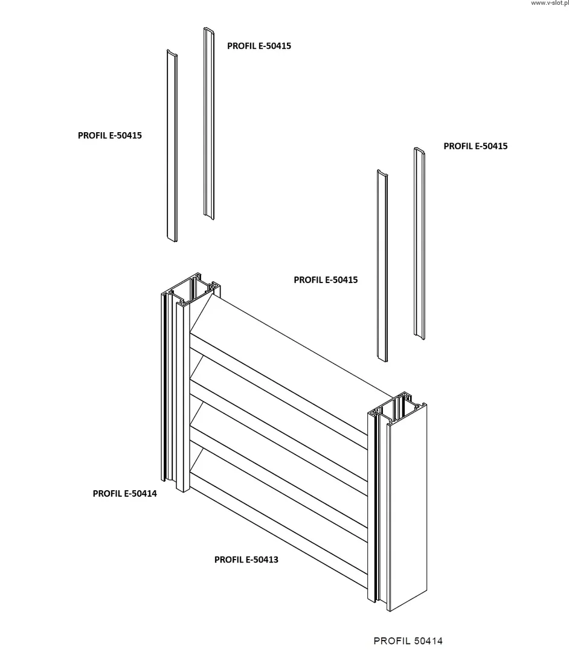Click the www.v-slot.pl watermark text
(x=549, y=4)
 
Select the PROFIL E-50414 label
(x=124, y=493)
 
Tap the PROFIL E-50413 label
(x=246, y=560)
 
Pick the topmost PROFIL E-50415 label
(x=259, y=45)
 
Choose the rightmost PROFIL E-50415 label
(x=475, y=146)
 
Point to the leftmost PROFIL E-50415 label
(x=109, y=135)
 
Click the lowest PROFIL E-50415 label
(x=326, y=280)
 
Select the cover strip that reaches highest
(x=209, y=124)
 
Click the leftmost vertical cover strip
(x=172, y=145)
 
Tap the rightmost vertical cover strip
(x=419, y=241)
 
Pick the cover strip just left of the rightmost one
(x=382, y=266)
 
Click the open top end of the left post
(x=192, y=289)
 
